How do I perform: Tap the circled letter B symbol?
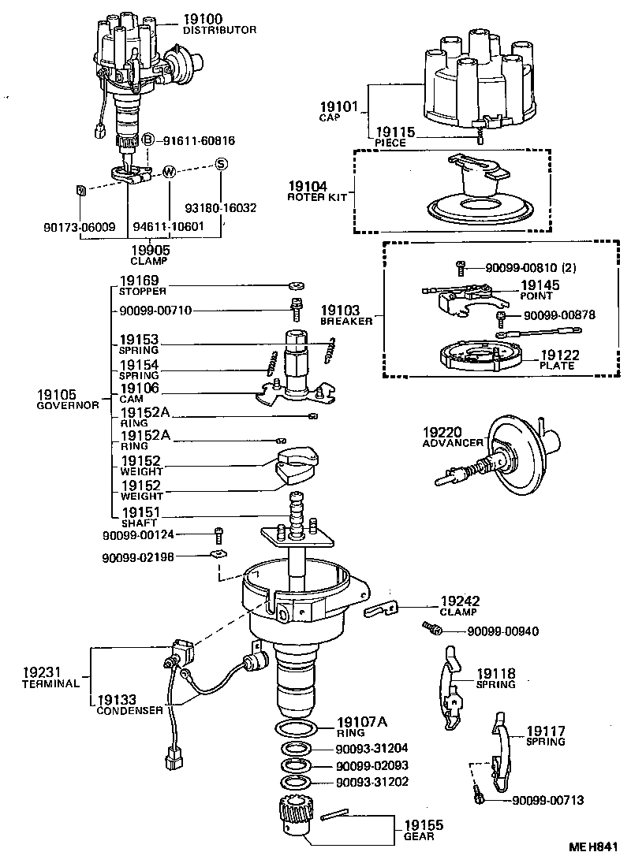click(x=147, y=140)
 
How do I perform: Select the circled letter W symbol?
click(x=168, y=172)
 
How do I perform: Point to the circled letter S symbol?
click(x=222, y=164)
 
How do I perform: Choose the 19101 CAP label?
click(x=338, y=110)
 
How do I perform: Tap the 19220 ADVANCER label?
click(x=452, y=437)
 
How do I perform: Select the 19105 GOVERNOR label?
click(x=67, y=399)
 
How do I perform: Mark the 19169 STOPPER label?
click(x=139, y=285)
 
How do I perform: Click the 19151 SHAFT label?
click(x=140, y=517)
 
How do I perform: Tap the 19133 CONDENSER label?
click(x=129, y=704)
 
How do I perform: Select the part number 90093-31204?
click(x=372, y=748)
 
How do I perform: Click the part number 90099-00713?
click(x=547, y=801)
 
